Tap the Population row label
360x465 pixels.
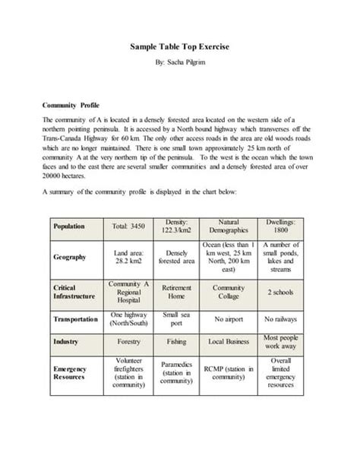click(69, 226)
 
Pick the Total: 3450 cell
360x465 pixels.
click(128, 226)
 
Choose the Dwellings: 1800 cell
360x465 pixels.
click(280, 226)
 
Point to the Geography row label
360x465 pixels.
click(70, 257)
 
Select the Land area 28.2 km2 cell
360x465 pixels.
click(128, 257)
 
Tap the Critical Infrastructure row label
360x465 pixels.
click(74, 293)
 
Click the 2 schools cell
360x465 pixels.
click(280, 293)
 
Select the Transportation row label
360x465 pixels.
click(75, 320)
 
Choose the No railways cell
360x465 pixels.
click(280, 320)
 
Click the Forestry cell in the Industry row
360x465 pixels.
click(128, 342)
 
